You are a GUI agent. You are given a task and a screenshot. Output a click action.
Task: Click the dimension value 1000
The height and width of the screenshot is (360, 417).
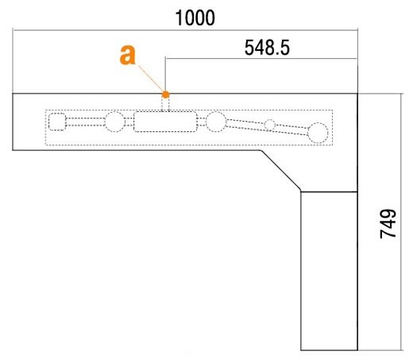[x=195, y=18]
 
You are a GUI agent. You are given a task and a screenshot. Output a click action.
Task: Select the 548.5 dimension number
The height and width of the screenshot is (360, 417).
[x=267, y=48]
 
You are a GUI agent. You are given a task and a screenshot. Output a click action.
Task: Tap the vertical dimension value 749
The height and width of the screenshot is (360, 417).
[x=388, y=224]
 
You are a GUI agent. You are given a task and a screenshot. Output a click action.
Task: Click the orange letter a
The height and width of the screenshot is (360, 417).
[x=128, y=55]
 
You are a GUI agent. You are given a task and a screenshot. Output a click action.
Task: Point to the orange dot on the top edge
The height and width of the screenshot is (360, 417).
[x=165, y=95]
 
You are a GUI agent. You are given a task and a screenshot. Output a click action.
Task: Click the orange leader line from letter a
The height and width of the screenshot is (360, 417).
[x=151, y=79]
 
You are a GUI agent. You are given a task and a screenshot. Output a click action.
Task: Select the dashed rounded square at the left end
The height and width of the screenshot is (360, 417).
[x=57, y=122]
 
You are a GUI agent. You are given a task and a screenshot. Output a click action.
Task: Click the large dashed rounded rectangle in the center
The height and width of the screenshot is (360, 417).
[x=165, y=122]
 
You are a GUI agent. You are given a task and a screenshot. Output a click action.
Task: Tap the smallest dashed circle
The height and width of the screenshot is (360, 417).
[x=270, y=125]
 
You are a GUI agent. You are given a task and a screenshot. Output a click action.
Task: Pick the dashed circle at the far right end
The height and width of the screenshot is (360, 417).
[x=318, y=133]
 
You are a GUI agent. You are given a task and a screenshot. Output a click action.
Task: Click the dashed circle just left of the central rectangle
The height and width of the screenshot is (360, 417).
[x=115, y=122]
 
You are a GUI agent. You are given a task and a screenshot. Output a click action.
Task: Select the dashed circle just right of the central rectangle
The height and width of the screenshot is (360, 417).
[x=216, y=122]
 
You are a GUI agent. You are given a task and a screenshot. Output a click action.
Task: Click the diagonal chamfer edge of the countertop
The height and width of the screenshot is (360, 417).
[x=281, y=171]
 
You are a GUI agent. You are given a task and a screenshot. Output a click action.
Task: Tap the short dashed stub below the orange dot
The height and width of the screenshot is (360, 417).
[x=165, y=104]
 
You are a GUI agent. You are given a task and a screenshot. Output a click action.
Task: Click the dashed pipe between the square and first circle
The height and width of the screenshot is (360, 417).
[x=85, y=122]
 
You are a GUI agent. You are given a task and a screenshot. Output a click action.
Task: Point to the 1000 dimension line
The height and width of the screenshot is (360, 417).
[x=185, y=30]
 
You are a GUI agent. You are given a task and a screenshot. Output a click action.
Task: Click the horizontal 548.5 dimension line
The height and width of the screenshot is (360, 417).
[x=261, y=58]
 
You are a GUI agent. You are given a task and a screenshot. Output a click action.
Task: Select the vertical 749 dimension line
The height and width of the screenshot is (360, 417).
[x=401, y=222]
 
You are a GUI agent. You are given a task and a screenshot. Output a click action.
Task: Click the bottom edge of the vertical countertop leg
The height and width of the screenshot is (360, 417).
[x=330, y=350]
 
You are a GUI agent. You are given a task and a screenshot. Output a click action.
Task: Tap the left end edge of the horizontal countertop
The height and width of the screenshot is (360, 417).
[x=13, y=122]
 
